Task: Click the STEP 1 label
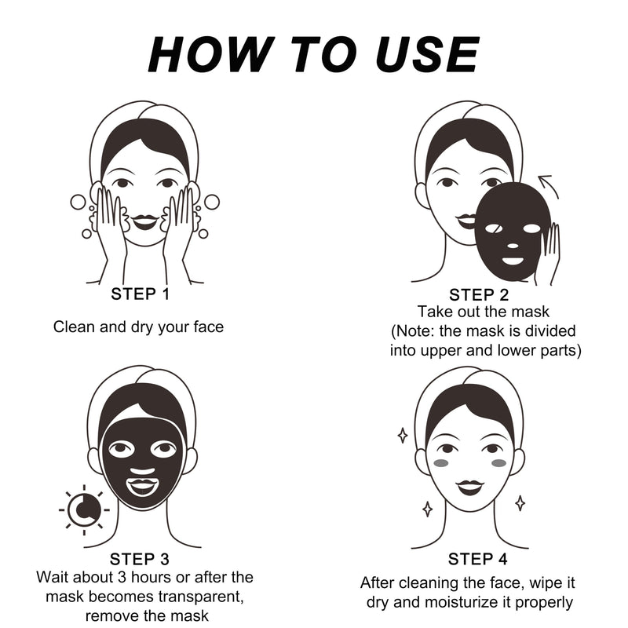click(141, 294)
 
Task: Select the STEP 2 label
click(479, 295)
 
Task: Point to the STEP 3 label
click(140, 559)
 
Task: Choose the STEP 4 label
click(477, 559)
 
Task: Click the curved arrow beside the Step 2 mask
click(548, 186)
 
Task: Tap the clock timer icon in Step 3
click(84, 509)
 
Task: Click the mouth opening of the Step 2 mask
click(513, 261)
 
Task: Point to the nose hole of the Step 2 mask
click(513, 246)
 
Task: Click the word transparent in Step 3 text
click(201, 597)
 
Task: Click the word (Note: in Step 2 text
click(413, 331)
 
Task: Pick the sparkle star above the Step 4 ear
click(403, 436)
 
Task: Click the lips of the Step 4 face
click(469, 486)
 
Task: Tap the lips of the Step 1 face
click(145, 221)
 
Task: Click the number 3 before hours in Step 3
click(122, 578)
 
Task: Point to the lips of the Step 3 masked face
click(142, 486)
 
